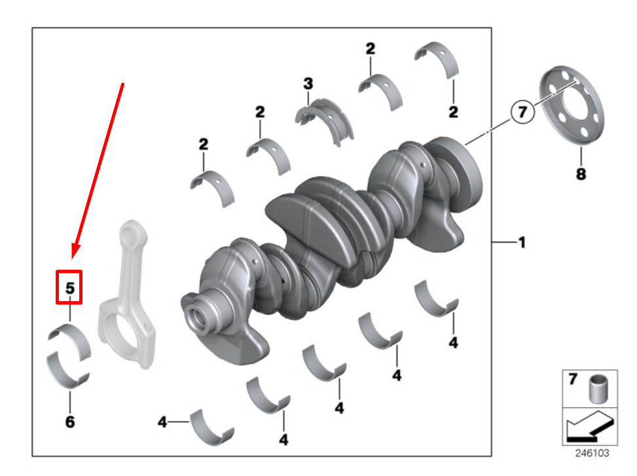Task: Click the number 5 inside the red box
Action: coord(70,288)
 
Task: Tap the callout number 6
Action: coord(70,422)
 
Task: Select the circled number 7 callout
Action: coord(522,112)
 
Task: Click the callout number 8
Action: coord(581,174)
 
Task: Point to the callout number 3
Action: coord(308,84)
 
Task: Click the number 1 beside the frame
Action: coord(522,242)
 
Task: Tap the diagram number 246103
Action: coord(592,453)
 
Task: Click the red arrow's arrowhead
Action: coord(75,249)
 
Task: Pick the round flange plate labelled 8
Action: coord(572,105)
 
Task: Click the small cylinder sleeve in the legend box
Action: coord(598,389)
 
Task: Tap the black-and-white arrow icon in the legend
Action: coord(589,426)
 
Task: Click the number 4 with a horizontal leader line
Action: coord(162,422)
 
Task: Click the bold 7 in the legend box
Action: coord(573,379)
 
